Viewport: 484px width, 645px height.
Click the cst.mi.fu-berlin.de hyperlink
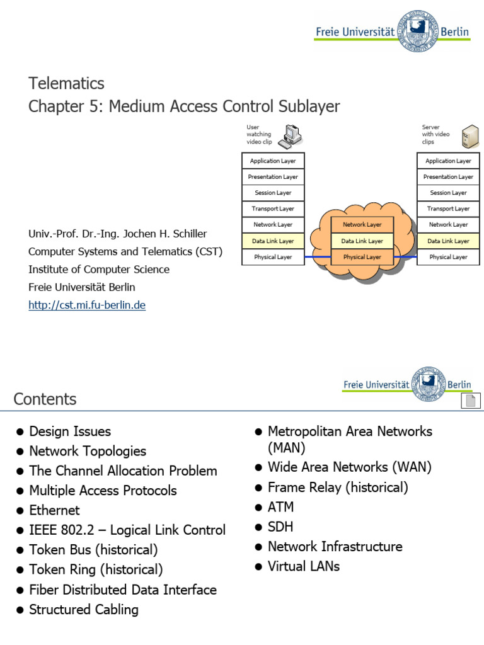point(87,305)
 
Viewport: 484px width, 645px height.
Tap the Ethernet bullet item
point(54,510)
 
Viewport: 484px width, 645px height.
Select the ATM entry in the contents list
point(280,507)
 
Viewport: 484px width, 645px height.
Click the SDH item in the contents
point(280,527)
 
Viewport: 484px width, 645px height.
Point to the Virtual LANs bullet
point(303,566)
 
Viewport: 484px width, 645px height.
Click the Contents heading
point(45,399)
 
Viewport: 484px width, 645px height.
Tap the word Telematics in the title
point(66,83)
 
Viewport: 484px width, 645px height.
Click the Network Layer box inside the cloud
point(362,225)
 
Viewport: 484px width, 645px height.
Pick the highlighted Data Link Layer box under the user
point(273,241)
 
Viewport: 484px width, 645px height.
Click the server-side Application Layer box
point(448,161)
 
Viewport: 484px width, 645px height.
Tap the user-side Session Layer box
point(273,193)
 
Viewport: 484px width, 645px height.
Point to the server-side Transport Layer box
point(448,208)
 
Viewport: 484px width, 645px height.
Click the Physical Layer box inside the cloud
point(362,257)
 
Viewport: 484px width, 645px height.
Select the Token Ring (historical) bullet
point(96,570)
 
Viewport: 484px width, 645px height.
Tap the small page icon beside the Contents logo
point(470,401)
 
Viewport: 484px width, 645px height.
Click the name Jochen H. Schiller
point(165,234)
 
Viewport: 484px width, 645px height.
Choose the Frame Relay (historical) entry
point(338,488)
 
